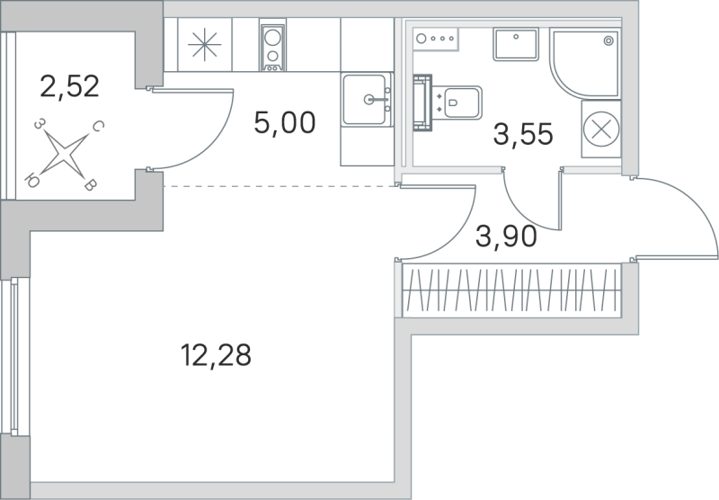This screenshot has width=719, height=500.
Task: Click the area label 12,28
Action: [216, 357]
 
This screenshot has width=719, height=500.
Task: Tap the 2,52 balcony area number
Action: [69, 87]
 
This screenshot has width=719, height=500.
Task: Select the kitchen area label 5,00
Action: [284, 122]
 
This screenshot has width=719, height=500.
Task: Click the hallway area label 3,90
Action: [506, 237]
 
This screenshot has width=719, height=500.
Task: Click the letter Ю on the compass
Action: [34, 176]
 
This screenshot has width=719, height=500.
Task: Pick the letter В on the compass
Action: [90, 186]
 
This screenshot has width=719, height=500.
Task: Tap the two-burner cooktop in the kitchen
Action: [272, 47]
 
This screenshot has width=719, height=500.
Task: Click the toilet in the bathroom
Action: [458, 101]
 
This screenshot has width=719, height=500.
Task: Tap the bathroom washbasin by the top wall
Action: [515, 45]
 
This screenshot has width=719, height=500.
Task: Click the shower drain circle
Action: [610, 40]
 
